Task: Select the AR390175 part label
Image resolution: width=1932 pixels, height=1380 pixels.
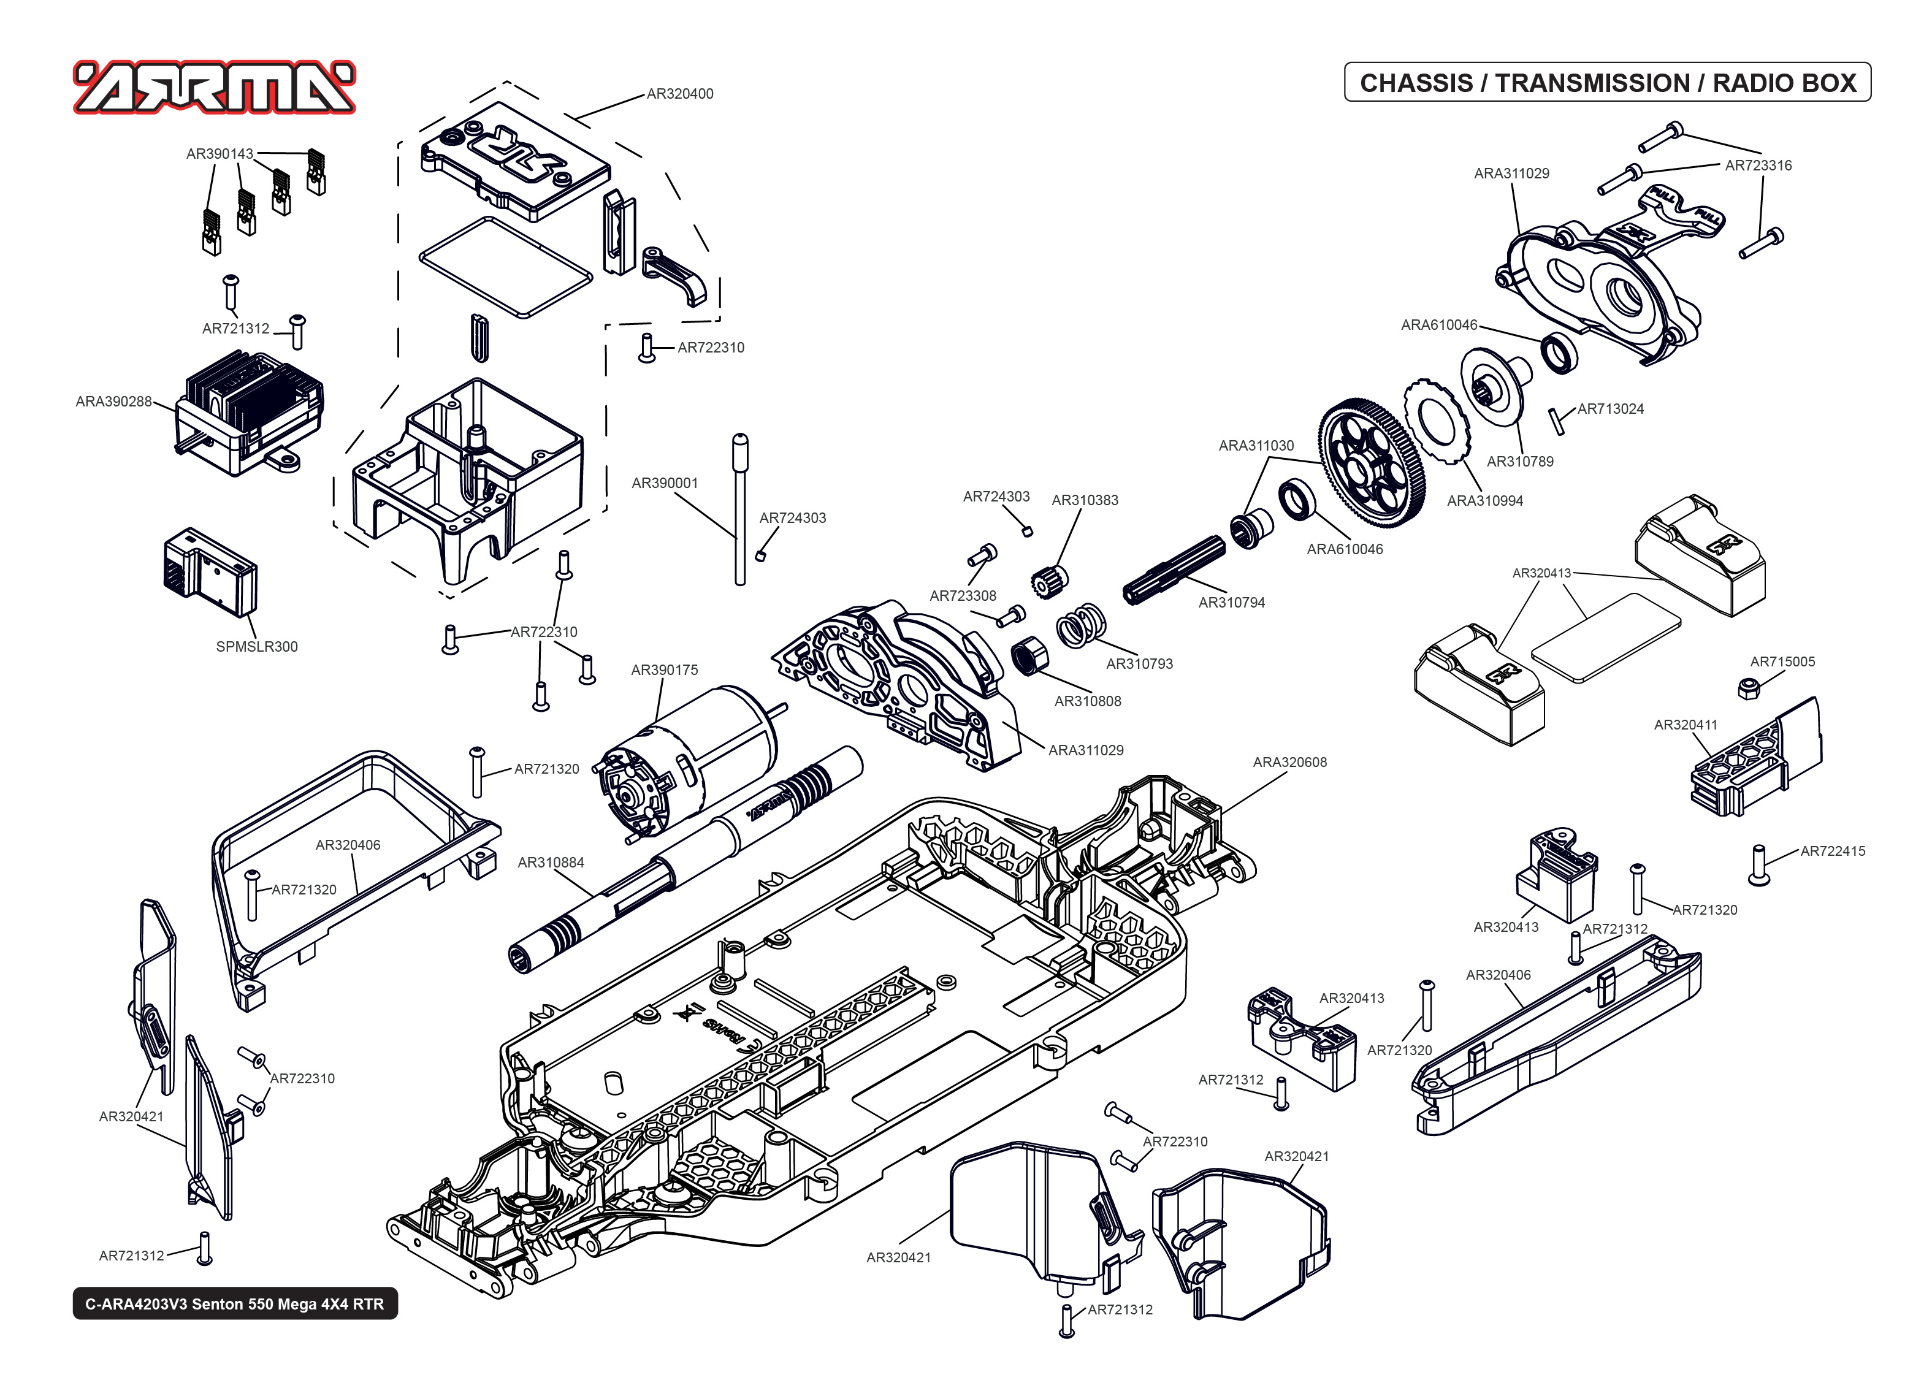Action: coord(665,669)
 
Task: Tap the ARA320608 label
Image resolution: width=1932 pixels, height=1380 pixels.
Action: coord(1289,762)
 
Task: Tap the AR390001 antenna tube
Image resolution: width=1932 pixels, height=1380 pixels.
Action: coord(740,510)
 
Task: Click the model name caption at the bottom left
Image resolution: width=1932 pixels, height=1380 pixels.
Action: coord(234,1303)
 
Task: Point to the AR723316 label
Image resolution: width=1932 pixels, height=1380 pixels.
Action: coord(1758,166)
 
